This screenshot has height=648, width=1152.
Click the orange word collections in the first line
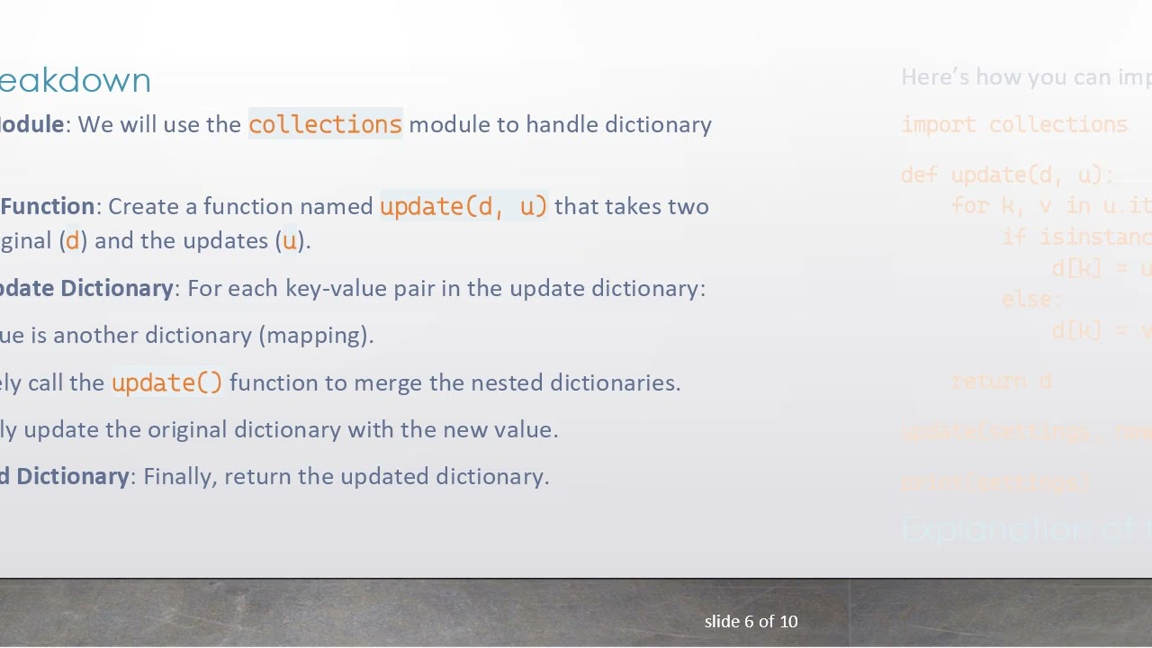[x=325, y=124]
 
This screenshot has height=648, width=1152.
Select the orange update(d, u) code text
[x=463, y=206]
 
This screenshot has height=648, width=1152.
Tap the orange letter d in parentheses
[x=73, y=240]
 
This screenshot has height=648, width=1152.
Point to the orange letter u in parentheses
[x=289, y=240]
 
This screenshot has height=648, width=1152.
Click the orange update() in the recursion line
[x=166, y=382]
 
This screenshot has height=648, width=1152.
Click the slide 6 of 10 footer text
[x=751, y=621]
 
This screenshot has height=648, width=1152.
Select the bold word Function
[x=48, y=206]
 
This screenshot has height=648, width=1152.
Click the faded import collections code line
[x=1014, y=124]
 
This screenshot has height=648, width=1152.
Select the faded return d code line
[x=1002, y=381]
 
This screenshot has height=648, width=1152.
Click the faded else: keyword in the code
[x=1032, y=299]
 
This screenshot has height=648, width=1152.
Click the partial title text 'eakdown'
[x=76, y=80]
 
